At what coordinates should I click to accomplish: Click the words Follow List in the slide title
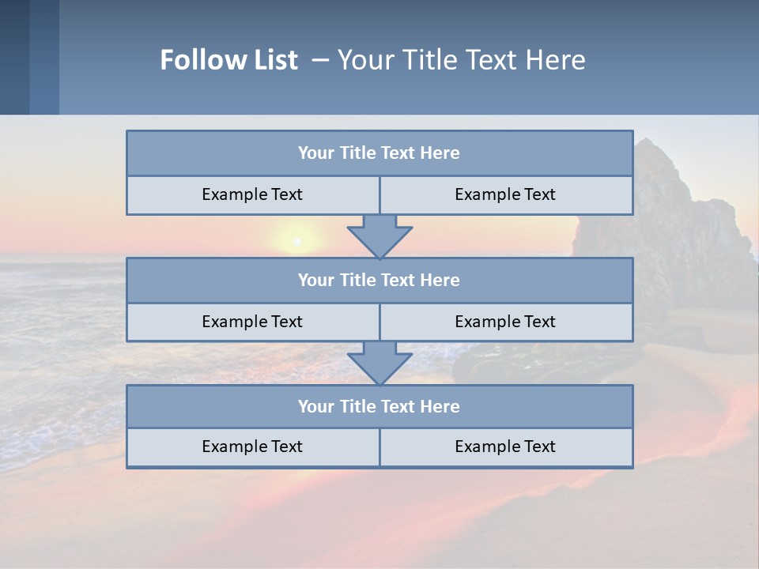(x=228, y=60)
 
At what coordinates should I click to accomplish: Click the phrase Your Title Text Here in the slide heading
(x=461, y=60)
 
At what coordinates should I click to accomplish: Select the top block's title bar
(x=379, y=153)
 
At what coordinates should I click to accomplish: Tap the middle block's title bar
(x=379, y=280)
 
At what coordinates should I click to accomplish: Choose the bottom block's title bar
(x=379, y=406)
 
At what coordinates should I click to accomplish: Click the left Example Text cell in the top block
(x=252, y=194)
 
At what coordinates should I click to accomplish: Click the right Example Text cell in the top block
(x=505, y=194)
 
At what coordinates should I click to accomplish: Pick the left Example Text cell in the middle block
(x=252, y=322)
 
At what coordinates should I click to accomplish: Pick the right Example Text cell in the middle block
(x=505, y=322)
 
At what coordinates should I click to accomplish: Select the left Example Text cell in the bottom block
(x=252, y=447)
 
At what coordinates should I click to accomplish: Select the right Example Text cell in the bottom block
(x=505, y=447)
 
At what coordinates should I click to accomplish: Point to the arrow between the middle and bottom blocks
(x=379, y=363)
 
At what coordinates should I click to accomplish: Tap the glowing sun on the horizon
(x=296, y=240)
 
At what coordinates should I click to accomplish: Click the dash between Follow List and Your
(x=320, y=60)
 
